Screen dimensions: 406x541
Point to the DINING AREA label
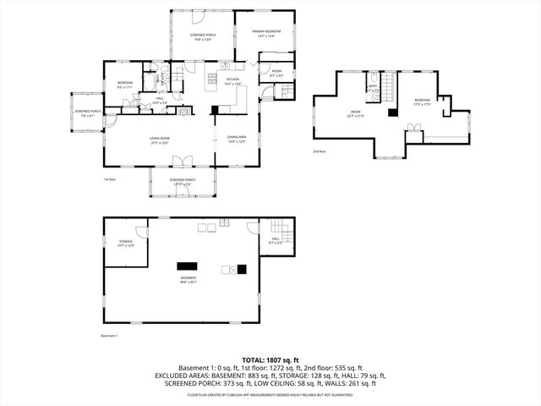(x=237, y=140)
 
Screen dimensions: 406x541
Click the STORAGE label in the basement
(x=126, y=244)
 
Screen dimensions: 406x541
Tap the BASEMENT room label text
(x=188, y=280)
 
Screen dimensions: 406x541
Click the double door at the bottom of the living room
(x=188, y=161)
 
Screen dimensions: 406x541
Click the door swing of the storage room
(x=141, y=232)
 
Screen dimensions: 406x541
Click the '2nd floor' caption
(x=320, y=152)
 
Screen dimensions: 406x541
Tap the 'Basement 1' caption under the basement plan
(x=109, y=336)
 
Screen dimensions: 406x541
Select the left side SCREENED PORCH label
(x=88, y=113)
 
